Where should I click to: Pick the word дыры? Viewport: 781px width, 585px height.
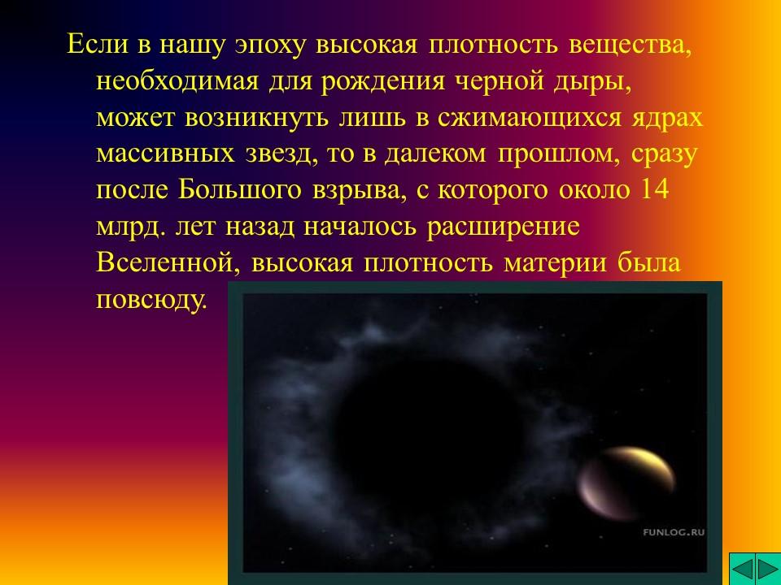(585, 81)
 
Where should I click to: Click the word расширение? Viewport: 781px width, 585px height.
(503, 227)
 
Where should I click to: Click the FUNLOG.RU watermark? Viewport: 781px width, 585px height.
(674, 532)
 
